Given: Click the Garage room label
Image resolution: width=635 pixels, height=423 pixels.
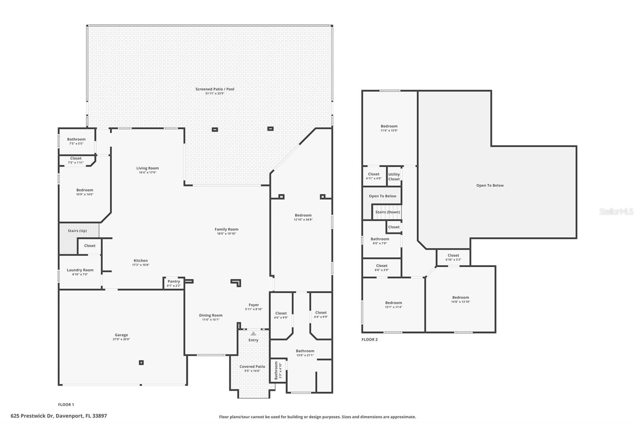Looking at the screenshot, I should pos(121,335).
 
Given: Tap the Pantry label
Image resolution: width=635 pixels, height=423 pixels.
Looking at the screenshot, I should pos(173,281).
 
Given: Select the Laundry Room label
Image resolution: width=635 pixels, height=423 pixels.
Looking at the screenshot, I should pos(80,270).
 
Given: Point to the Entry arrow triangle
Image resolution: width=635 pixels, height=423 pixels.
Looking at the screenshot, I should pos(253,334).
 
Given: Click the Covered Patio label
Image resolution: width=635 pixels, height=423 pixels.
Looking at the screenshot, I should pos(252,367).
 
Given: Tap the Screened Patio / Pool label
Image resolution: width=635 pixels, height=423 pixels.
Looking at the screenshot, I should pos(215,89).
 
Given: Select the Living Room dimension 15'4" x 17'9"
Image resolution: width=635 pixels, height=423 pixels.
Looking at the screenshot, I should pos(147,173).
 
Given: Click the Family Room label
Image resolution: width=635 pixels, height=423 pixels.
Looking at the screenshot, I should pos(226,229).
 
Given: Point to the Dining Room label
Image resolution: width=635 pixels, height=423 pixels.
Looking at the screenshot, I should pos(211,315).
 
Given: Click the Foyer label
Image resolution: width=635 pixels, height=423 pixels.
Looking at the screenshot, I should pos(254,305).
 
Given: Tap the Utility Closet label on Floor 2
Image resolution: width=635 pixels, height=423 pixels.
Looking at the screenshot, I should pos(394,177).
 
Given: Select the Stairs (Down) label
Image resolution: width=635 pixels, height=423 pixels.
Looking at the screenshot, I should pos(388,212).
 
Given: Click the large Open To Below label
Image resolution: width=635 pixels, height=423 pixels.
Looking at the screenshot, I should pos(490,185).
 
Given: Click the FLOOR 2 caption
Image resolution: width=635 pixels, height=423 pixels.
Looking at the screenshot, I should pos(369,340).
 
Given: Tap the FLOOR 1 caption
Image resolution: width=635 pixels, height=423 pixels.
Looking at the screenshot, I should pos(66,405).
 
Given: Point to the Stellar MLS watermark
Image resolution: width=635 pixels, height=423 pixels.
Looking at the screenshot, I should pos(616,212).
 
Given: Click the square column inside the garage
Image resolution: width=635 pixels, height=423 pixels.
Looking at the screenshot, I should pos(141,362).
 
